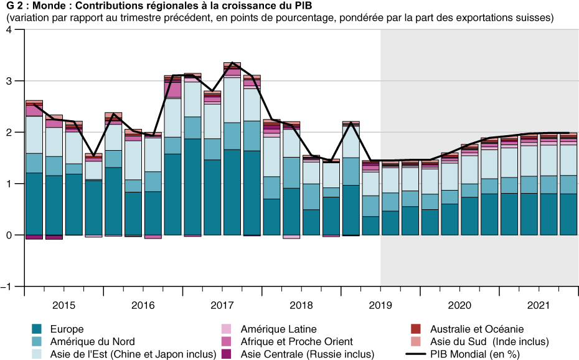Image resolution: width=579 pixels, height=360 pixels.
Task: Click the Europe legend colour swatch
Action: (x=37, y=329)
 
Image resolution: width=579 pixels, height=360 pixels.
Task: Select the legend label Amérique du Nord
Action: (x=92, y=341)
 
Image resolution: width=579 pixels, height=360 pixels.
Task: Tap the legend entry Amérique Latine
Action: (x=278, y=329)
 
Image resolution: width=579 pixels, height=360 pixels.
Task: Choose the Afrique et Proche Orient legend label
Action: (x=296, y=341)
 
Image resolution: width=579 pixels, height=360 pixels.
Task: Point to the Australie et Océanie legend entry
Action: (x=476, y=329)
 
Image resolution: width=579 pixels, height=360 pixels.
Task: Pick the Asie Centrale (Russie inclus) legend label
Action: (x=308, y=354)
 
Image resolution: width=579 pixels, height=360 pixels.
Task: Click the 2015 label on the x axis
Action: (x=64, y=305)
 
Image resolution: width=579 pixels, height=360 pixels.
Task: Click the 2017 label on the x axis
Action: (x=222, y=305)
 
